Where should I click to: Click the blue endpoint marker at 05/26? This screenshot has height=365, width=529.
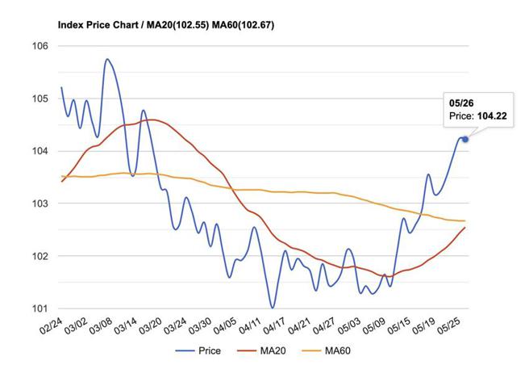[x=465, y=139]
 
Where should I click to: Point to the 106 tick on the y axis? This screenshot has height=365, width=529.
[x=40, y=46]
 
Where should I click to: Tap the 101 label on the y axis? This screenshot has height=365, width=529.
[x=40, y=308]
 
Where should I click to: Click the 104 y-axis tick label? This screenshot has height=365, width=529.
[x=40, y=151]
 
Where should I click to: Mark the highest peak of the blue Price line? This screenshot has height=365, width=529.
[x=106, y=59]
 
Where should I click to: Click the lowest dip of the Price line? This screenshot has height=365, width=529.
[x=273, y=308]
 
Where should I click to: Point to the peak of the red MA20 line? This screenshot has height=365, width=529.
[x=151, y=120]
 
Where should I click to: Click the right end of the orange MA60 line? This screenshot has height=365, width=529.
[x=464, y=220]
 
